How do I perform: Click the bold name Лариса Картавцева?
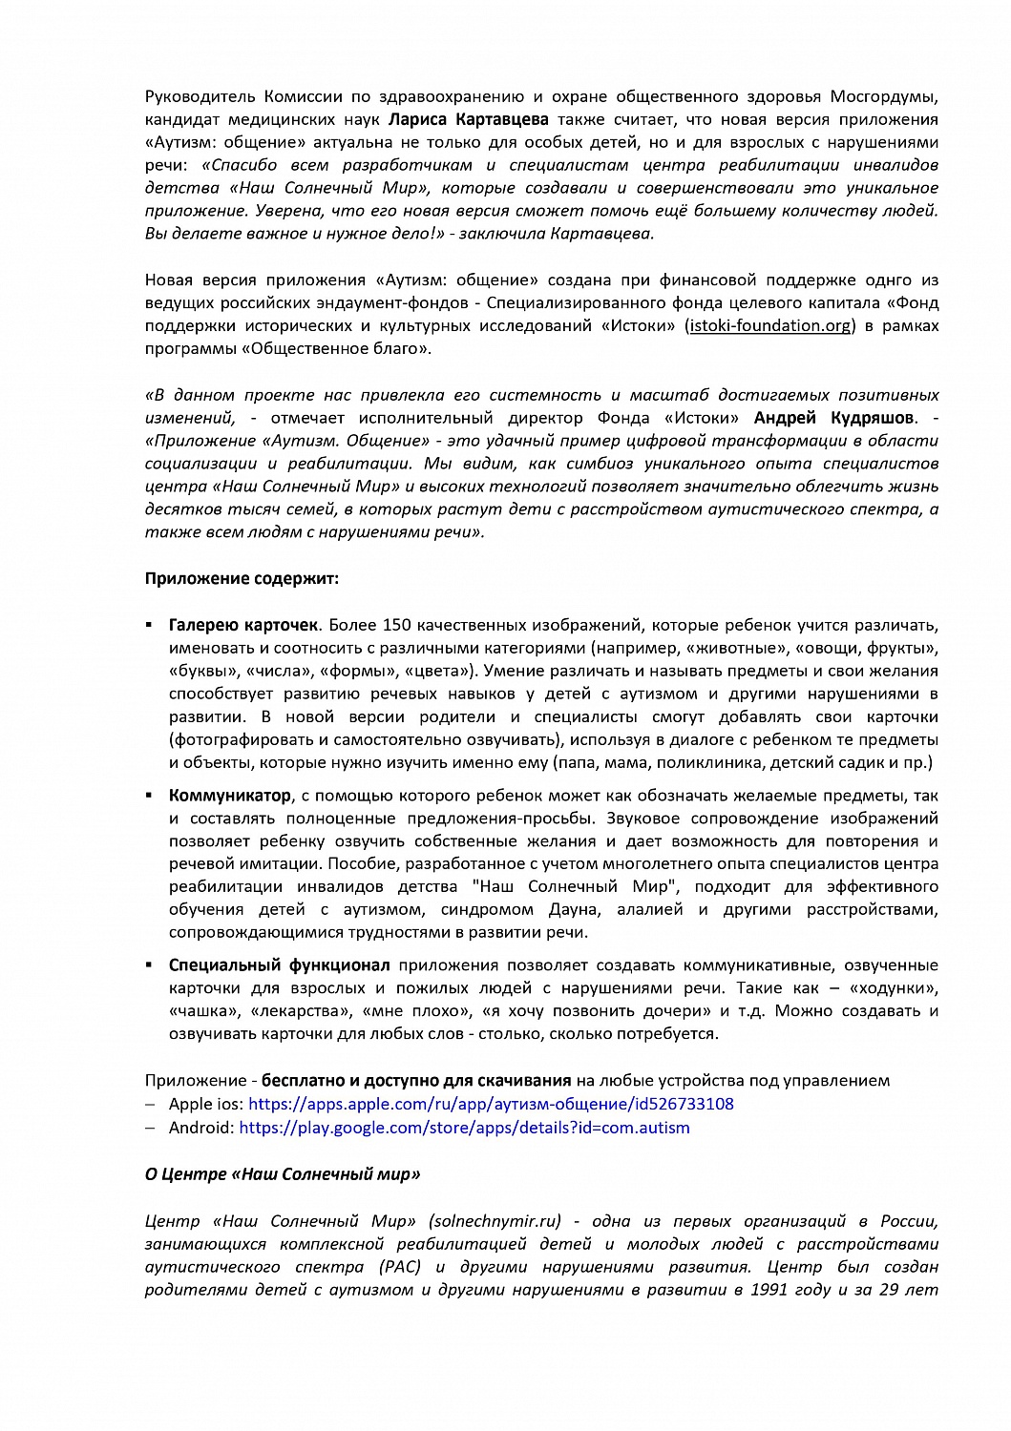pyautogui.click(x=468, y=119)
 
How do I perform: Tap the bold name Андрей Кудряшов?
pyautogui.click(x=833, y=418)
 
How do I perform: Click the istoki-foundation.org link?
pyautogui.click(x=769, y=326)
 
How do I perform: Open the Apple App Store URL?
pyautogui.click(x=491, y=1105)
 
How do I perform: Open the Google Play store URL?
pyautogui.click(x=464, y=1128)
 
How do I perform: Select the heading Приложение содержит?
pyautogui.click(x=242, y=578)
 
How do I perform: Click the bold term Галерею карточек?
pyautogui.click(x=243, y=626)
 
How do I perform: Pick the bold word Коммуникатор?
pyautogui.click(x=230, y=796)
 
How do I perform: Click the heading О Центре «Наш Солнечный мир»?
pyautogui.click(x=283, y=1174)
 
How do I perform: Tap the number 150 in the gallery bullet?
pyautogui.click(x=396, y=626)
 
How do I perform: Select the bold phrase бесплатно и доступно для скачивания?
pyautogui.click(x=416, y=1081)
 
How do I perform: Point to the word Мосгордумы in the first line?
pyautogui.click(x=884, y=96)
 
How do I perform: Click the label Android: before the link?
pyautogui.click(x=201, y=1128)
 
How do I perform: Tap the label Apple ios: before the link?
pyautogui.click(x=206, y=1105)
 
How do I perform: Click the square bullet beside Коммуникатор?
pyautogui.click(x=149, y=795)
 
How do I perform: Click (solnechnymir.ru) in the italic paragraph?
pyautogui.click(x=495, y=1221)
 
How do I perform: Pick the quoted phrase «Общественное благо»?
pyautogui.click(x=338, y=349)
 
